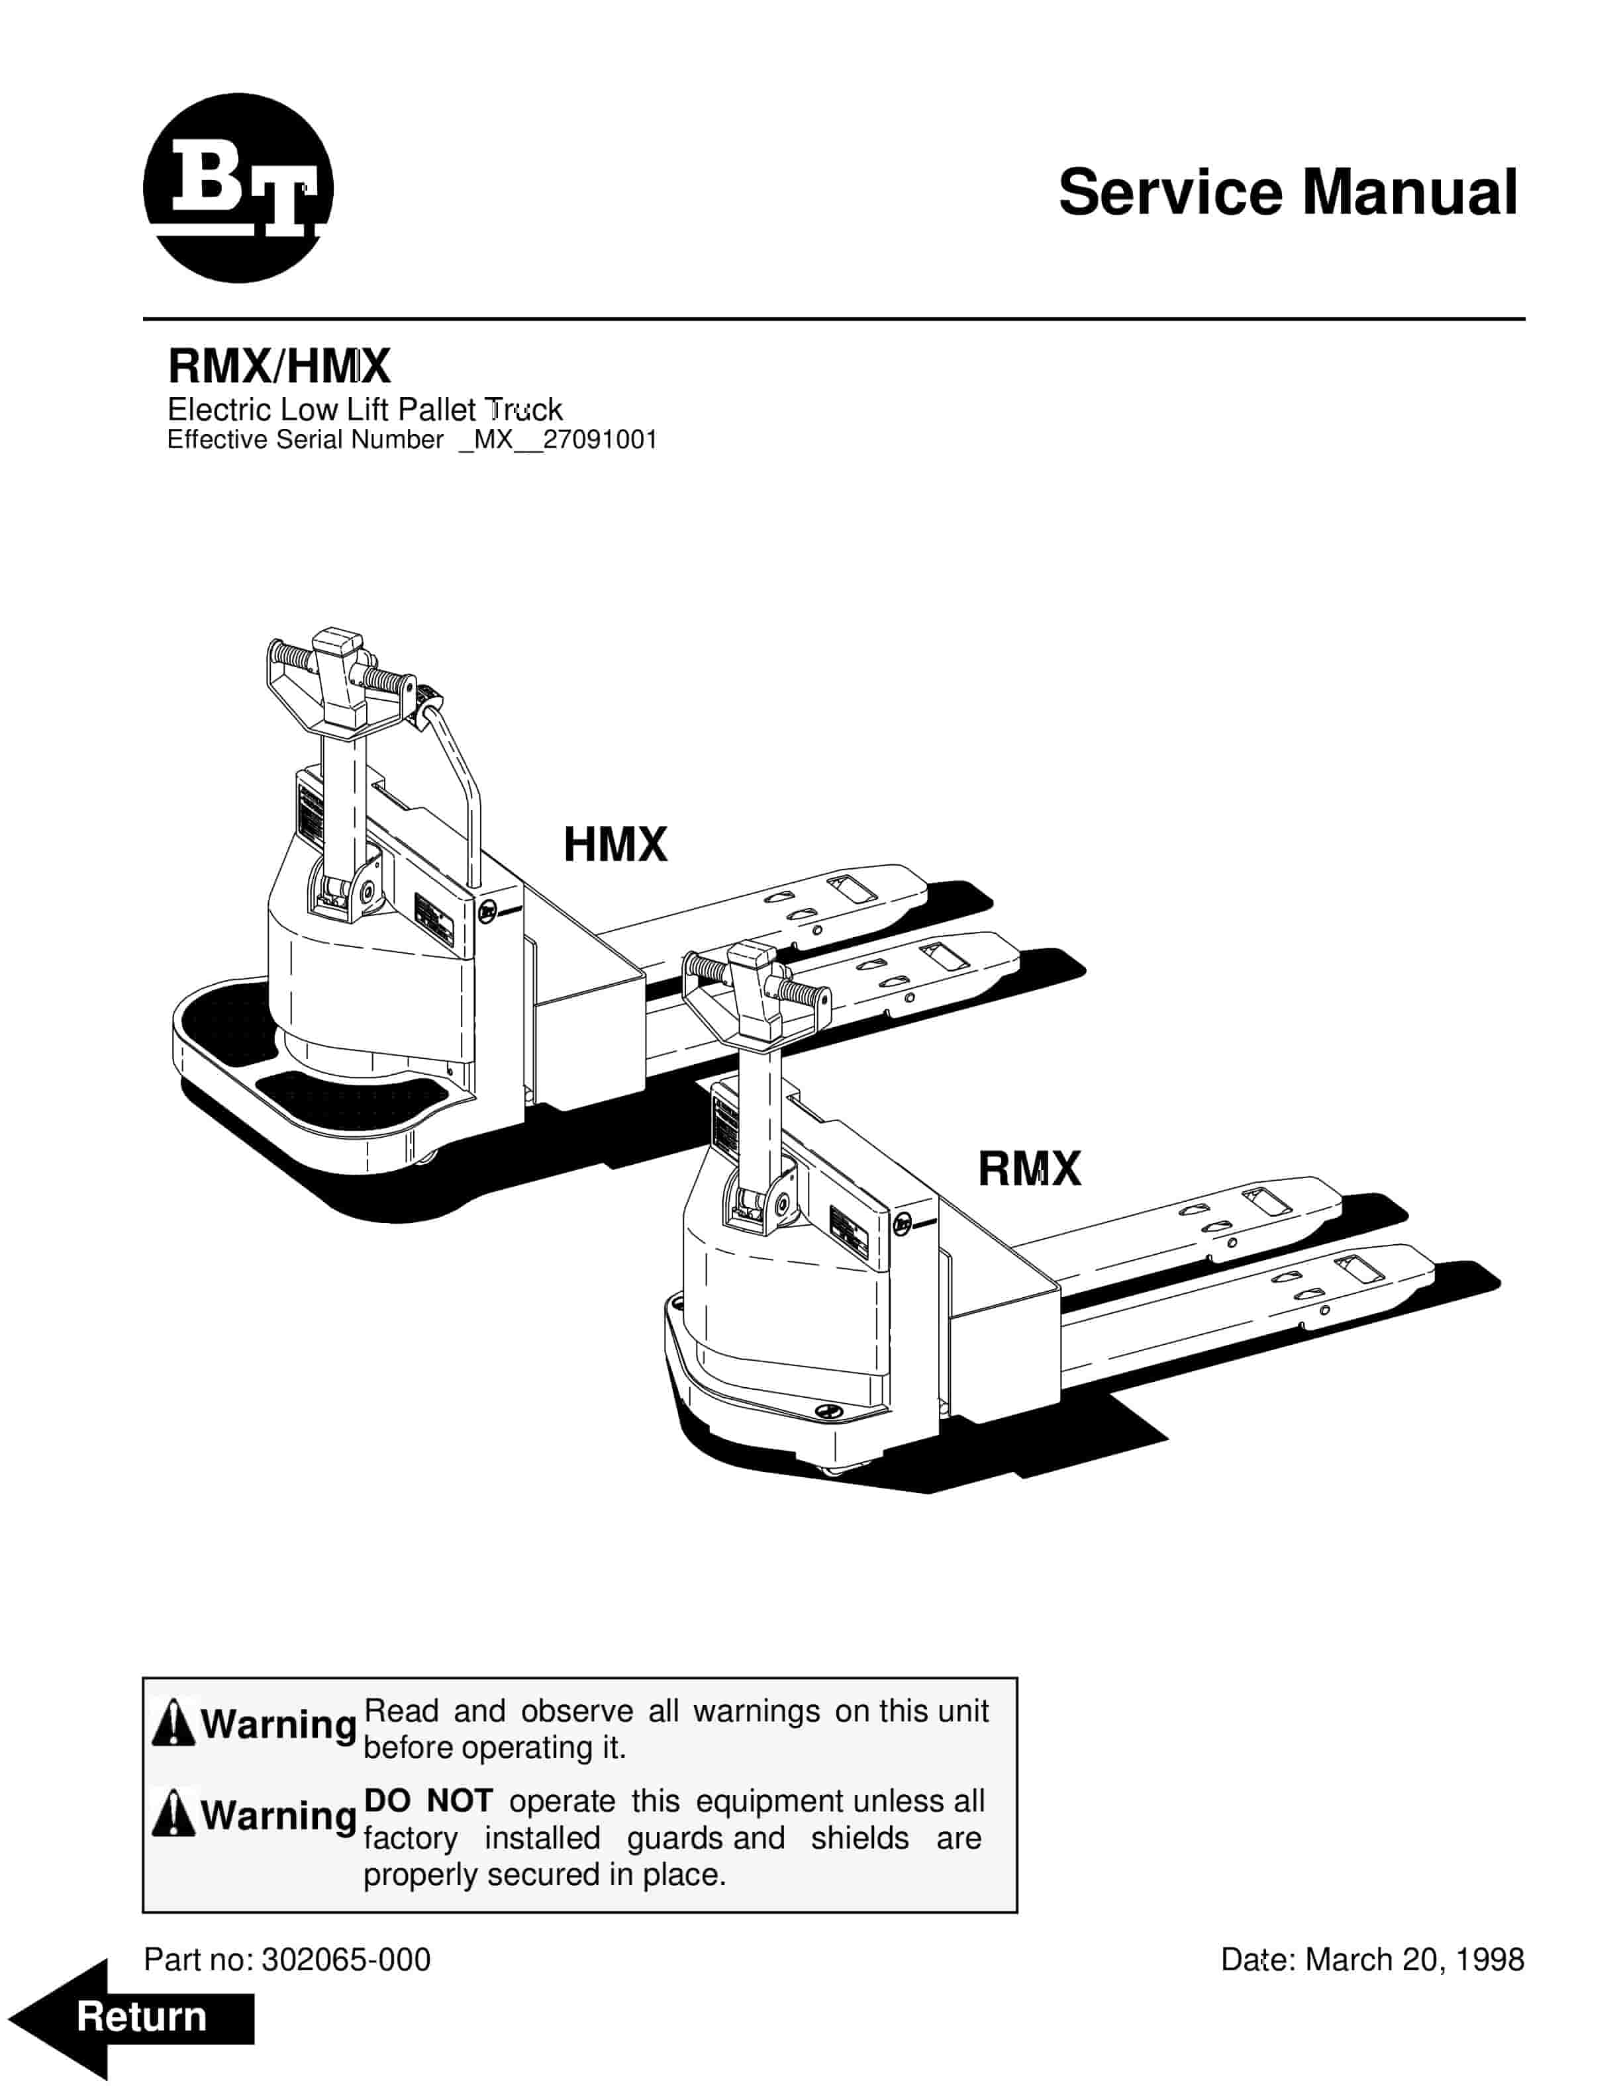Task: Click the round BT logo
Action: [238, 188]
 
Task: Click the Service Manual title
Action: [1287, 192]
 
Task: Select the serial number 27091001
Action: [601, 440]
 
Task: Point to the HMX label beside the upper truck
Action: [615, 844]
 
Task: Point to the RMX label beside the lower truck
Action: [1029, 1169]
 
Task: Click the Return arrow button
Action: [134, 2017]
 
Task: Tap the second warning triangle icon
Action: [173, 1814]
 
